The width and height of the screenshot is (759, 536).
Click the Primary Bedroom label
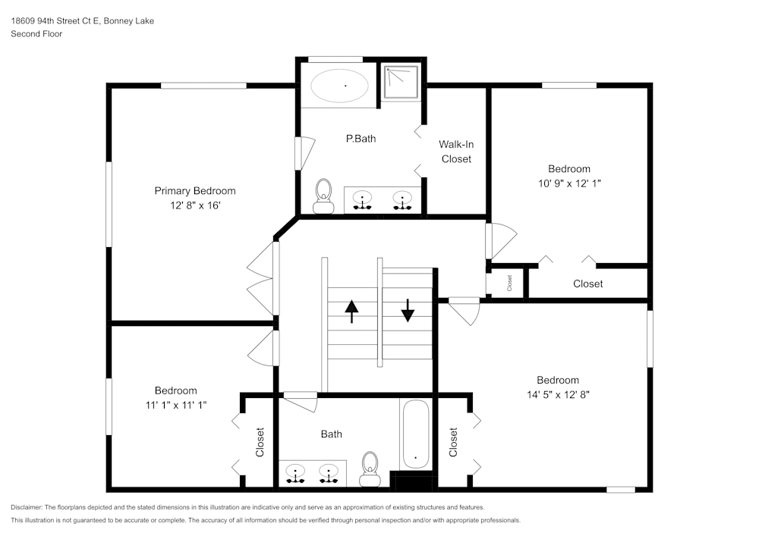click(x=195, y=191)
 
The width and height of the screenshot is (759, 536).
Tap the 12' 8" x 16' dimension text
click(x=195, y=205)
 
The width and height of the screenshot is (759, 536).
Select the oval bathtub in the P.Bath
click(x=339, y=86)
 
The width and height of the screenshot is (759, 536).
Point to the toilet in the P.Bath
click(x=323, y=196)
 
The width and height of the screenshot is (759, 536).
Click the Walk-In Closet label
click(x=456, y=152)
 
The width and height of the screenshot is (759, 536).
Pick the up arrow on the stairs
click(x=351, y=312)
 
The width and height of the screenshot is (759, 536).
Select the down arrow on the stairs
click(x=408, y=310)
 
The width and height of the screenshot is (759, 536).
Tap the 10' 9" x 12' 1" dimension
click(x=569, y=183)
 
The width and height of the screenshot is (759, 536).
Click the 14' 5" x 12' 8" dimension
click(x=558, y=395)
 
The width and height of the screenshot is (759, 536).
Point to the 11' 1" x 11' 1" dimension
click(x=176, y=405)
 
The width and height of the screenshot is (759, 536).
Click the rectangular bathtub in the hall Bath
click(x=416, y=434)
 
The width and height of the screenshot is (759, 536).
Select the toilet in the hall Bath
click(x=370, y=469)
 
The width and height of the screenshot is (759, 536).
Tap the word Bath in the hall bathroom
click(x=332, y=434)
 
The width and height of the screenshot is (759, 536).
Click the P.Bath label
click(x=361, y=139)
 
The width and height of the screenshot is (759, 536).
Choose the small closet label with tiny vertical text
click(x=509, y=284)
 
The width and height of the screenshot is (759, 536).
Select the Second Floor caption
click(x=36, y=34)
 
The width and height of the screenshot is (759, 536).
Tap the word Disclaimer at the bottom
click(x=27, y=507)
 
